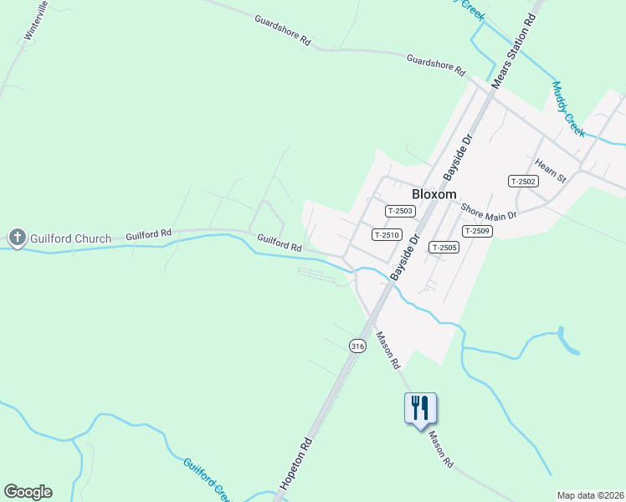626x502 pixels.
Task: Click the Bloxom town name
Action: (434, 194)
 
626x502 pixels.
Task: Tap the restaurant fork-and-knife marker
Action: (420, 407)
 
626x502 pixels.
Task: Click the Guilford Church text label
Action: (70, 238)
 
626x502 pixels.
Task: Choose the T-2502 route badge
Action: (522, 181)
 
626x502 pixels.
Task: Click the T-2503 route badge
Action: (400, 212)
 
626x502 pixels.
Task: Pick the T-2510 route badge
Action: (387, 235)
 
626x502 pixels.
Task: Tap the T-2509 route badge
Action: (476, 231)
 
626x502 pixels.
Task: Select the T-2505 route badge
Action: (444, 247)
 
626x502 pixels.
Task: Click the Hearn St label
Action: (552, 172)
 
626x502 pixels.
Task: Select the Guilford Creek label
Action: (206, 479)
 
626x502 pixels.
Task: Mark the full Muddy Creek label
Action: (568, 109)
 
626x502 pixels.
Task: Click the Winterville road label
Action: (36, 21)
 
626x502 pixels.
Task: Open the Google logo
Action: (28, 492)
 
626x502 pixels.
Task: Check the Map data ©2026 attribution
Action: (590, 495)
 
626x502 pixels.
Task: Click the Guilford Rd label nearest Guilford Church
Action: (148, 236)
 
